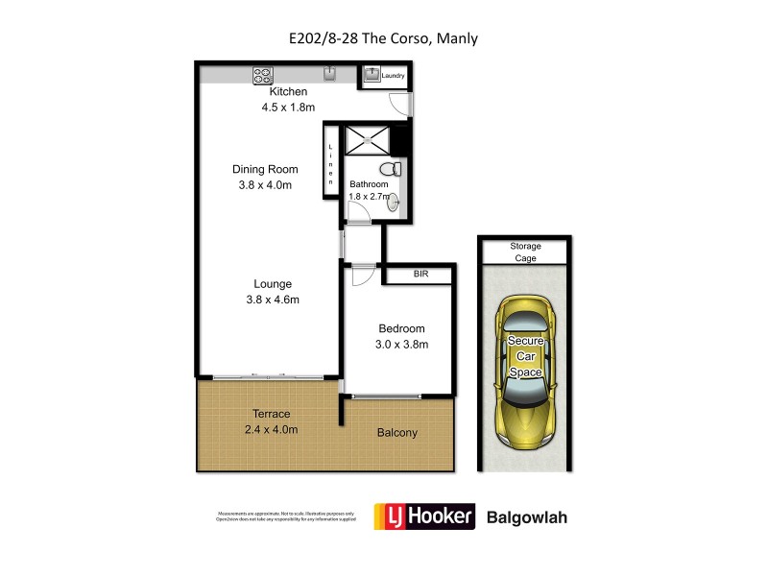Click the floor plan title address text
tap(384, 39)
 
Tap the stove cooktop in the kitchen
tap(264, 74)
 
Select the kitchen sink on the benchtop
tap(328, 73)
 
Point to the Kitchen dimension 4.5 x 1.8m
tap(288, 108)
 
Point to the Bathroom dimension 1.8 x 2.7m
tap(370, 197)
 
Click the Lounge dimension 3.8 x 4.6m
tap(273, 300)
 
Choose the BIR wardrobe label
tap(420, 275)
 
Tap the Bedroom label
tap(401, 328)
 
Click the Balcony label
tap(396, 433)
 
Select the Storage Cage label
tap(525, 252)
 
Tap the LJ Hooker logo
tap(424, 516)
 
